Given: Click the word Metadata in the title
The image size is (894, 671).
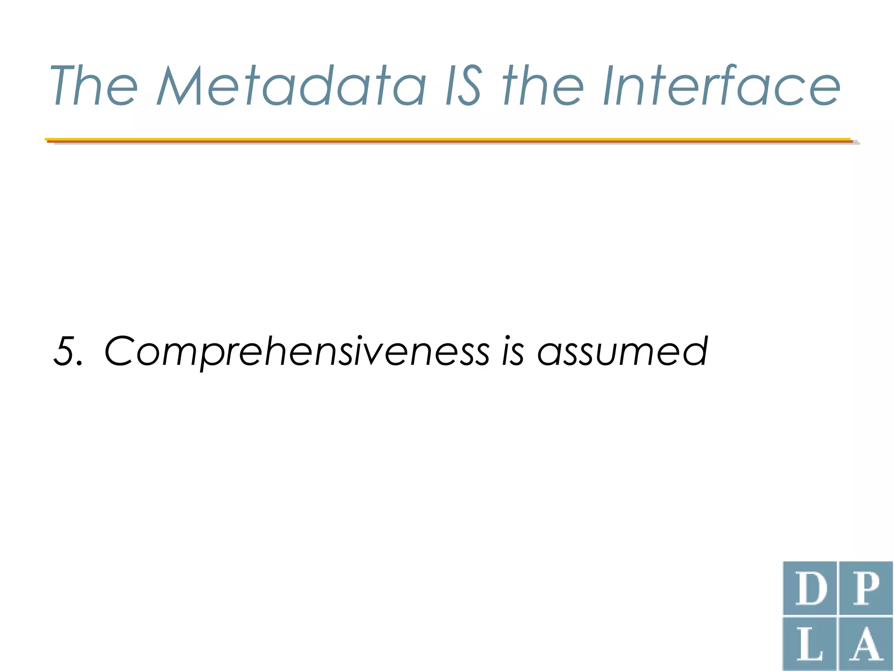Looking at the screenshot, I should tap(292, 86).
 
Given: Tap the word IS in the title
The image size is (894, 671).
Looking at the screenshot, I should tap(464, 86).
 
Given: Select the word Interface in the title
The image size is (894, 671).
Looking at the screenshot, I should tap(721, 86).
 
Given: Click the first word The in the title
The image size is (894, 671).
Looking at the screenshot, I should tap(94, 86).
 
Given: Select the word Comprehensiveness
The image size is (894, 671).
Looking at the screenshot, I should tap(297, 352).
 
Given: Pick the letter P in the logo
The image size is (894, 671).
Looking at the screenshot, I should tap(866, 588).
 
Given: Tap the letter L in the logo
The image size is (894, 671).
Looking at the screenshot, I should tap(810, 644).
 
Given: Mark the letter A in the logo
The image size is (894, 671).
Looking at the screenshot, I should tap(866, 644).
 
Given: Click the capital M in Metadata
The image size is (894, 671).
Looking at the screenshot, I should tap(179, 86).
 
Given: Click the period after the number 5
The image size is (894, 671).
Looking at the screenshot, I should tap(79, 363).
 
